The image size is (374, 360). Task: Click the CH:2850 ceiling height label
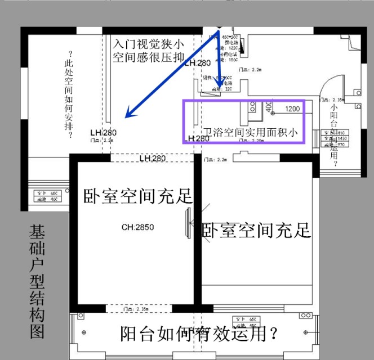(138, 227)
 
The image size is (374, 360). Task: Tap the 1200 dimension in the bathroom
(292, 109)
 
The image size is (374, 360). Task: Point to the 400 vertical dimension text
(269, 107)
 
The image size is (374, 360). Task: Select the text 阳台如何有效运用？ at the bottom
(199, 334)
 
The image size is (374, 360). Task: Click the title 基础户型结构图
(38, 281)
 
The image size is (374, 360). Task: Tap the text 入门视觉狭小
(148, 43)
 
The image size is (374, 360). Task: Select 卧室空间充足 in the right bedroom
(256, 229)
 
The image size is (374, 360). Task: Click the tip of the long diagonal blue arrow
(126, 117)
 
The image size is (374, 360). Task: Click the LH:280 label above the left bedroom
(153, 159)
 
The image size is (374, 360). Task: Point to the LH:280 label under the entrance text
(197, 63)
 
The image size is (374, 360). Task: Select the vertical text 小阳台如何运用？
(335, 134)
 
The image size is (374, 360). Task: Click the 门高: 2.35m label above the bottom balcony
(137, 309)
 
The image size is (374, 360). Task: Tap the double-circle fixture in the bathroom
(252, 107)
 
